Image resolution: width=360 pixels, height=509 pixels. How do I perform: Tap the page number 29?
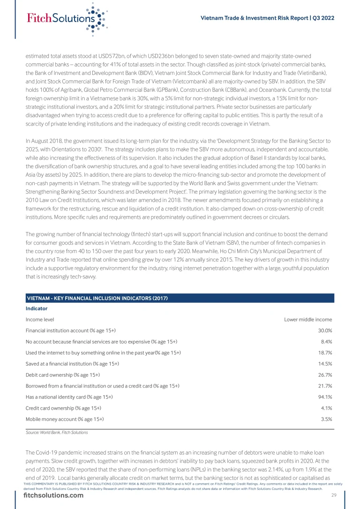click(x=333, y=496)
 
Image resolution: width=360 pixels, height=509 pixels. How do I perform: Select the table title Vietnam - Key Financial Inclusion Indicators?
click(x=97, y=299)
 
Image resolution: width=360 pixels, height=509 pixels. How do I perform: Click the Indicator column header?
click(x=37, y=309)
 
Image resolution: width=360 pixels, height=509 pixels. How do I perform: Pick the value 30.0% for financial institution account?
click(x=324, y=330)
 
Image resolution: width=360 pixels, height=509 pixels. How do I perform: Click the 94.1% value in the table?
click(x=324, y=397)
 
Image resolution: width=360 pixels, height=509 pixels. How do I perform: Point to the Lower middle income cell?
click(x=308, y=320)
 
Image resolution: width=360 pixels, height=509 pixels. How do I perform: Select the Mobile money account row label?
click(x=65, y=419)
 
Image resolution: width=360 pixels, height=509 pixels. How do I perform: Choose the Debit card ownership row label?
click(x=63, y=375)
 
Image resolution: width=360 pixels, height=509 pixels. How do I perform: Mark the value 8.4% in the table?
click(x=325, y=342)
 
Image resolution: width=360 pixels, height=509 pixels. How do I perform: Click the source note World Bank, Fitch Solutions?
click(x=57, y=433)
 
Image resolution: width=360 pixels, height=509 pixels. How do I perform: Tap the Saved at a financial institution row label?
click(x=72, y=364)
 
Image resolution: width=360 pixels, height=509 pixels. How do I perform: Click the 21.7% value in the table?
click(x=324, y=386)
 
